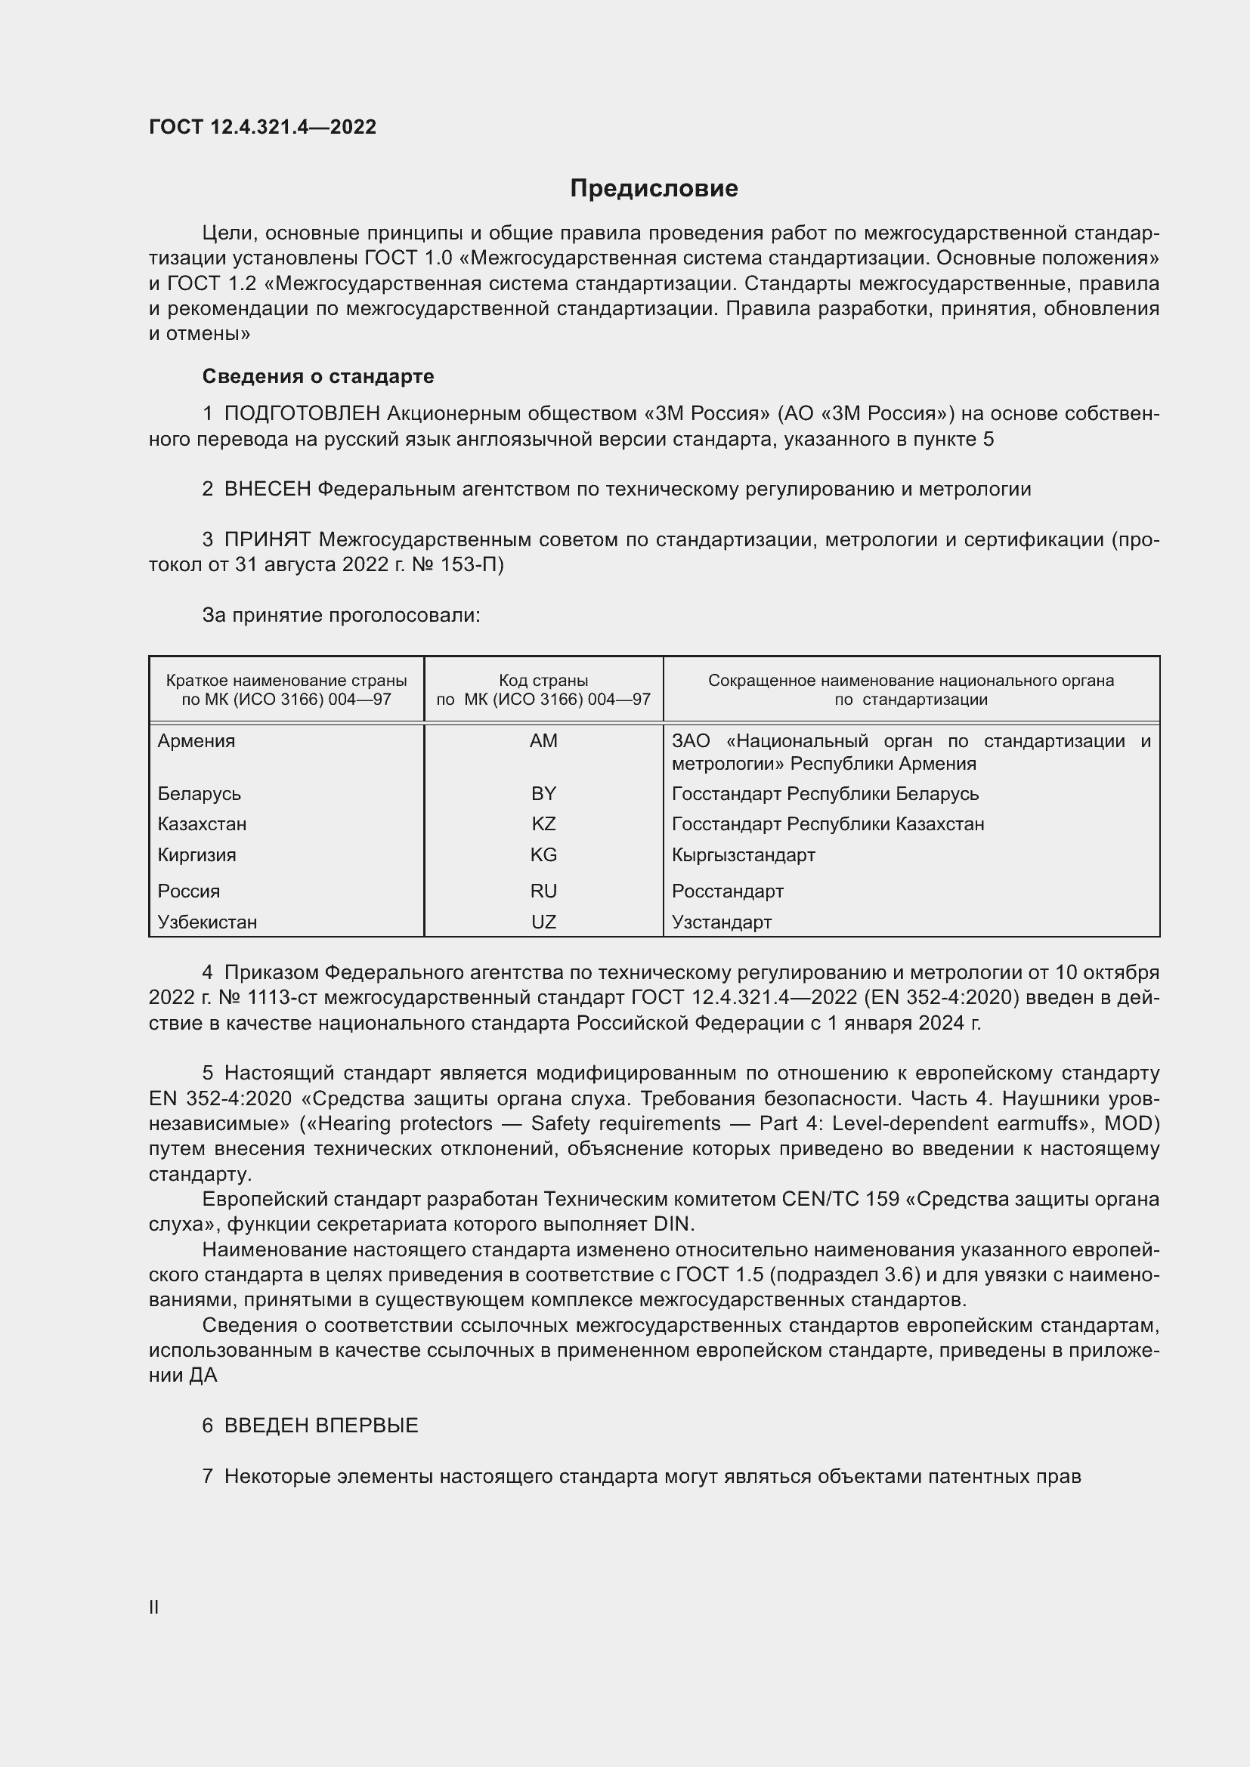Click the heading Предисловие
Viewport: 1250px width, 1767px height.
654,189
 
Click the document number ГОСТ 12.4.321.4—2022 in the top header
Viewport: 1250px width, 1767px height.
262,127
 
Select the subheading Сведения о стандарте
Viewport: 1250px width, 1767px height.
318,376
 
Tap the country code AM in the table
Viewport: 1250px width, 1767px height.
543,741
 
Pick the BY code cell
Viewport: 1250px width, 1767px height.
543,793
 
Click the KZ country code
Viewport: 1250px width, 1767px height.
543,824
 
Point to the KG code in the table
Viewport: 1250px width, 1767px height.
543,855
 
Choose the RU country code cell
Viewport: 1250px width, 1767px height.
543,891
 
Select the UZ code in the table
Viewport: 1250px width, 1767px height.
543,922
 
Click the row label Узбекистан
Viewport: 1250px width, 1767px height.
207,922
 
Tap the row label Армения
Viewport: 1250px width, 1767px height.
196,741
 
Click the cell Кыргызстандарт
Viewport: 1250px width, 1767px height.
743,855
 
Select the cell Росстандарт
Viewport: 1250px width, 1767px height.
727,891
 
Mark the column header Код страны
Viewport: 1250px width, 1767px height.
543,681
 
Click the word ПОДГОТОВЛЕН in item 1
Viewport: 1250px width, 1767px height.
302,414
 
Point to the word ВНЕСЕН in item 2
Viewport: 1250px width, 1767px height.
267,490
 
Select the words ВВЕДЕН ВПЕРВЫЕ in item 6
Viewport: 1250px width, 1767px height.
321,1426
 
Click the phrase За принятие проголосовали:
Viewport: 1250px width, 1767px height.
341,616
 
